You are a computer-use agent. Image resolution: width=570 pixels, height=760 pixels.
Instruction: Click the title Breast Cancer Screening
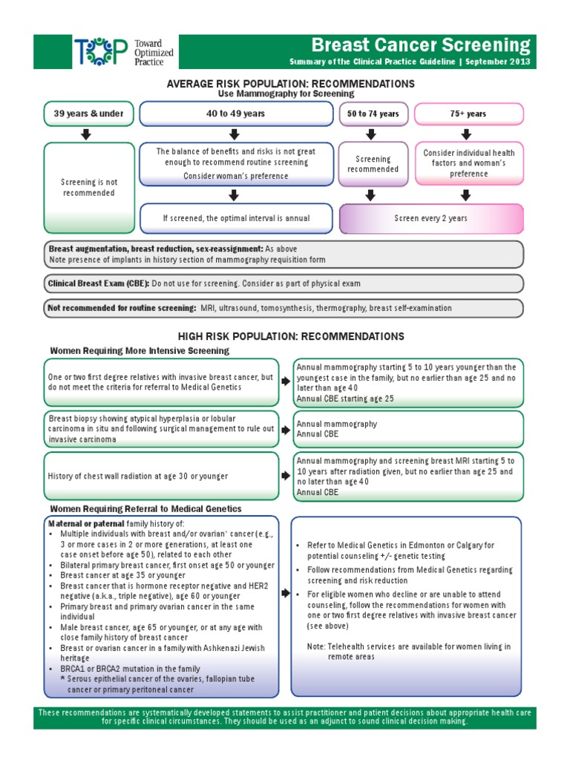coord(420,45)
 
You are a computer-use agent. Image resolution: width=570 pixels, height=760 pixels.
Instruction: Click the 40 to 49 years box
coord(235,114)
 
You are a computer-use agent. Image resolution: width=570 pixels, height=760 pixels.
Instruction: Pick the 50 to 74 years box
coord(373,114)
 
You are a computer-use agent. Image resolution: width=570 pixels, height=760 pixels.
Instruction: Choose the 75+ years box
coord(468,114)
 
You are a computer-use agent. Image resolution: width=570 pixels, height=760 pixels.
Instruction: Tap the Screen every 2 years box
coord(430,218)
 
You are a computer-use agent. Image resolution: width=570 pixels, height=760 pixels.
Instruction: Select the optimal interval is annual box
coord(236,218)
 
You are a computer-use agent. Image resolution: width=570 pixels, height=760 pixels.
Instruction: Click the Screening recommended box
coord(373,164)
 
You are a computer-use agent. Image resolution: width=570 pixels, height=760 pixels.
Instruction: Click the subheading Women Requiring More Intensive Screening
coord(140,350)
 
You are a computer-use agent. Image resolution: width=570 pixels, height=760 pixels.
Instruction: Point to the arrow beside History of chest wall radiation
coord(285,476)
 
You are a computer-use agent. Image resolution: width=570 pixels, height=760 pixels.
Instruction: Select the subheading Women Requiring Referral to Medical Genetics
coord(145,508)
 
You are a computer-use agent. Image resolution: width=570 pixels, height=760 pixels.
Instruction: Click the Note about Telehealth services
coord(409,652)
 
